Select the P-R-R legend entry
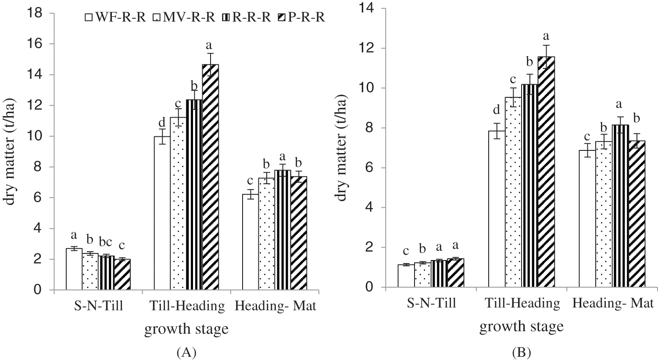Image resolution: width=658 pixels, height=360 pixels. click(x=303, y=18)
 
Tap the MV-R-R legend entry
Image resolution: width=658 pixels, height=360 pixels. click(x=184, y=18)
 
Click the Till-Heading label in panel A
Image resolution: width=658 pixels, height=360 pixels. click(x=187, y=306)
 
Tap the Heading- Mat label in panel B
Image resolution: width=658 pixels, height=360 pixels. click(x=613, y=303)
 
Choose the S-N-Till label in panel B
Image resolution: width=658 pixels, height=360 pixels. click(x=432, y=303)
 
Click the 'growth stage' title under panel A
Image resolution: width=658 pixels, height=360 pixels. click(x=187, y=329)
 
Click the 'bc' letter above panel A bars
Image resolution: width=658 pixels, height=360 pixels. click(x=107, y=241)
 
